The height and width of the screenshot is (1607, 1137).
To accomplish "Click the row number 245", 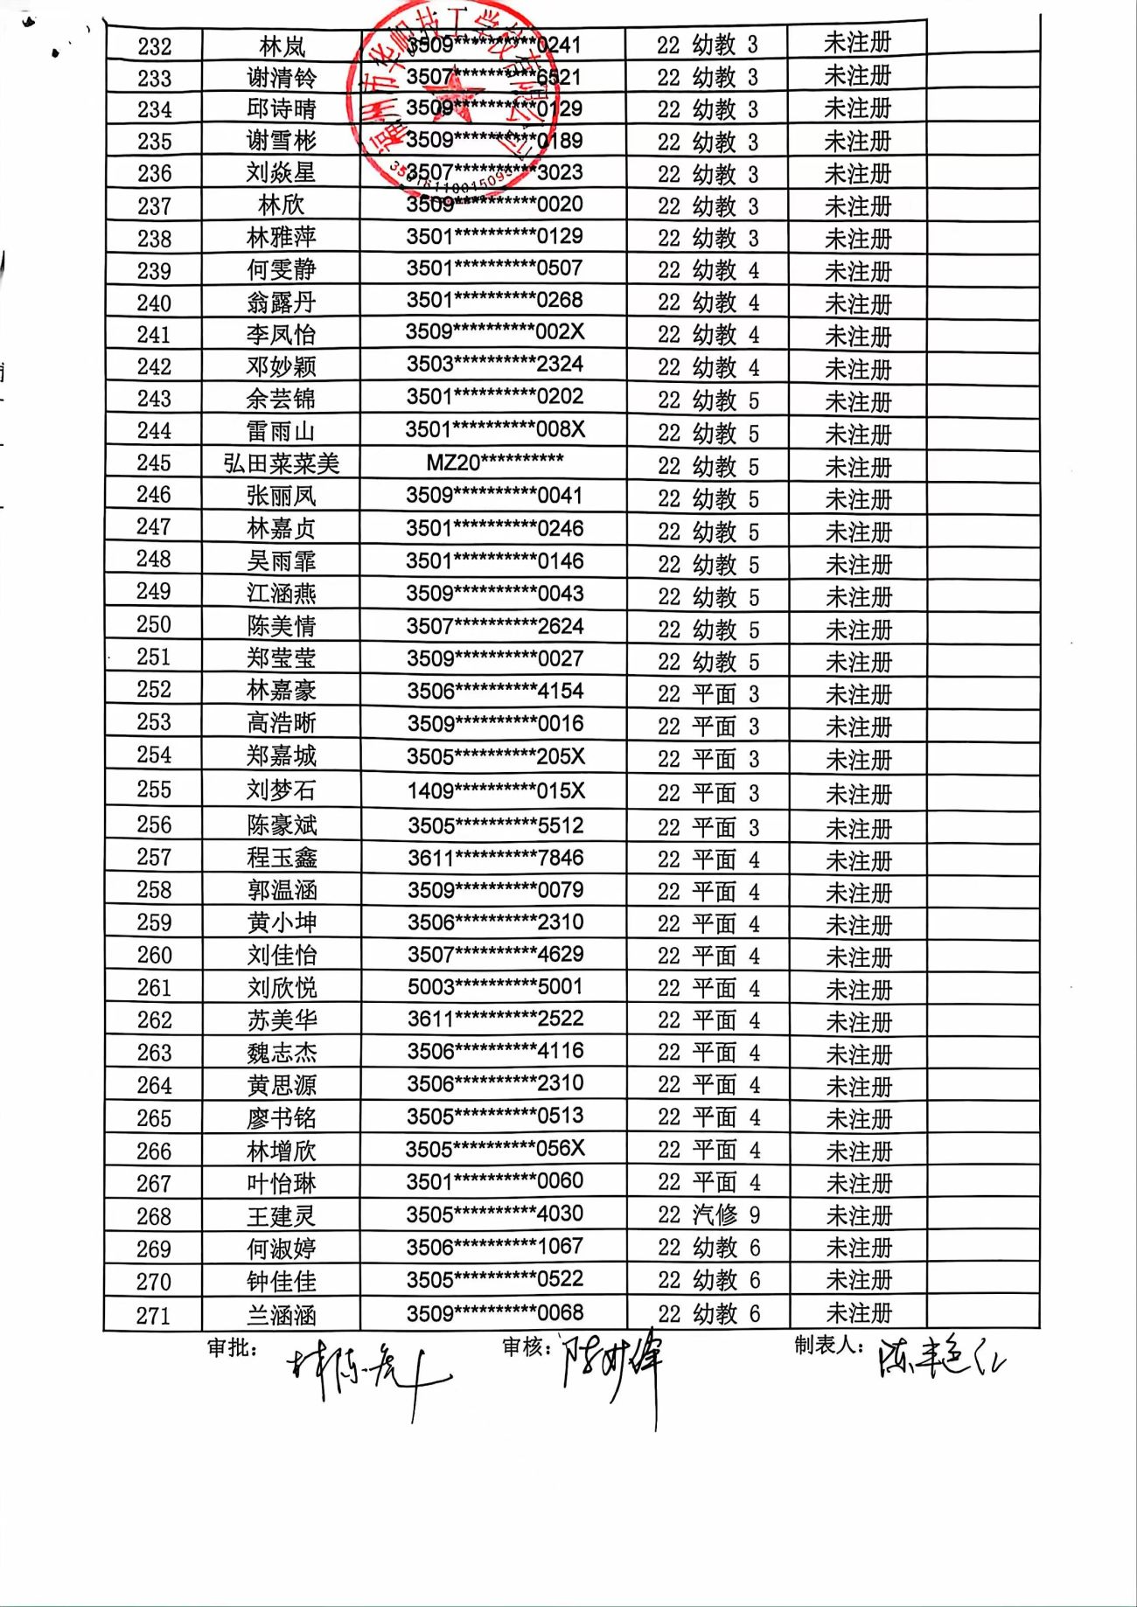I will (x=153, y=463).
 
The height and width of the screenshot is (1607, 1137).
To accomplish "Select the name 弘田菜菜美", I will (x=281, y=463).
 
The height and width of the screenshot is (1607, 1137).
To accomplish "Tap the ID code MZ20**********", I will (x=494, y=462).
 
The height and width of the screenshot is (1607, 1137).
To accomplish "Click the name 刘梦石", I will (x=281, y=790).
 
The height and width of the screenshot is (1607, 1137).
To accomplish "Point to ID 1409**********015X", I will (x=495, y=791).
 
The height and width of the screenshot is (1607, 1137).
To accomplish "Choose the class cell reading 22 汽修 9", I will (x=708, y=1214).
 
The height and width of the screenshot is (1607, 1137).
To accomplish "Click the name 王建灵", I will (x=281, y=1216).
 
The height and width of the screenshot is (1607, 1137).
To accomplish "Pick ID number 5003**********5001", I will (x=495, y=987).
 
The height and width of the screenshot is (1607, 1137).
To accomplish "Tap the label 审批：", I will (x=233, y=1347).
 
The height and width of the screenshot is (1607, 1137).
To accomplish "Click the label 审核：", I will (x=527, y=1346).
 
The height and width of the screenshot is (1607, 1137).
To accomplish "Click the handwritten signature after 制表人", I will (x=941, y=1360).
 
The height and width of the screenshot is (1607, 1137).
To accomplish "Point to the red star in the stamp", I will (x=455, y=96).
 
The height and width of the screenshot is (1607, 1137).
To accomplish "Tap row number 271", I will (x=153, y=1315).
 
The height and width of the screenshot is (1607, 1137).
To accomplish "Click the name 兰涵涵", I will (x=281, y=1315).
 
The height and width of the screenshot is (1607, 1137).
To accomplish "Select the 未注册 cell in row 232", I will (x=857, y=43).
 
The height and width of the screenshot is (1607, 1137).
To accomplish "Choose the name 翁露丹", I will (x=281, y=303).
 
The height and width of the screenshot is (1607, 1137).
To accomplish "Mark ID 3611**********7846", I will (x=495, y=858).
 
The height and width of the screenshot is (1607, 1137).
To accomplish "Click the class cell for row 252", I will (x=708, y=694).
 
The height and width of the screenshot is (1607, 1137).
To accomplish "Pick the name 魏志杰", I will (x=281, y=1053).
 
